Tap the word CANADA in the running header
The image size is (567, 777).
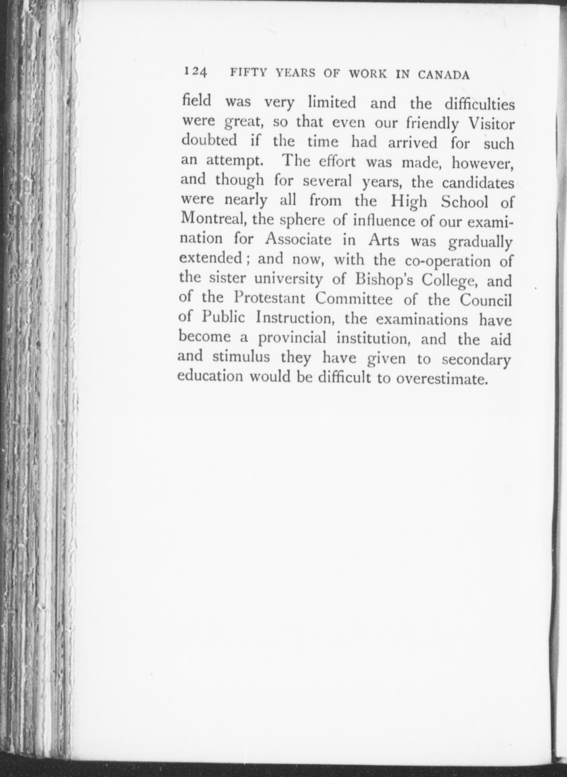[443, 74]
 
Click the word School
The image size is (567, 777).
[464, 202]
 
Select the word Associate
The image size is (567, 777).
[298, 239]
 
